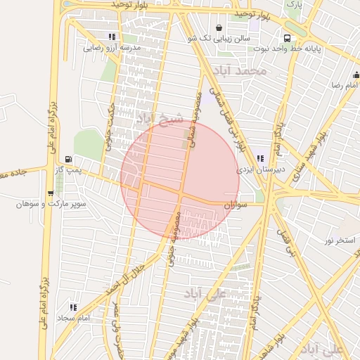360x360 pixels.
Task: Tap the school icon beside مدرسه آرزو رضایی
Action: (112, 37)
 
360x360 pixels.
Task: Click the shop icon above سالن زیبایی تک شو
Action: (219, 28)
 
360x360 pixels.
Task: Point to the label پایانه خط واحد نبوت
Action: (316, 49)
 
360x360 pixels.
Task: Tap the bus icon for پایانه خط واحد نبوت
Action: (287, 38)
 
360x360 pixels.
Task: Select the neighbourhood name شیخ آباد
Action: (160, 117)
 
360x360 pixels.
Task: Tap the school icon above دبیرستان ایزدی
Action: (260, 159)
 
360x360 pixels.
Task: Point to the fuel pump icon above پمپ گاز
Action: (68, 159)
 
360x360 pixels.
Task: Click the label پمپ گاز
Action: (69, 169)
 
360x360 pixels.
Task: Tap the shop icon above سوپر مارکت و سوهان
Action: (50, 193)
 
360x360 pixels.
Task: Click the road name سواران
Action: (236, 204)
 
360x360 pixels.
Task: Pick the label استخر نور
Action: (340, 240)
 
